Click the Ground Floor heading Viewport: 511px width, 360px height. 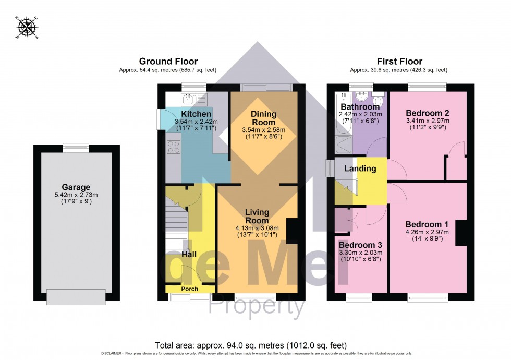tap(168, 62)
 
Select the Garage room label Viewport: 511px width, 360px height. tap(76, 187)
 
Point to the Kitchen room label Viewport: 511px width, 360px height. tap(196, 114)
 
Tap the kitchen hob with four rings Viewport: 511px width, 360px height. tap(174, 147)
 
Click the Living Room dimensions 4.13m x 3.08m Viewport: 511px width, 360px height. tap(257, 228)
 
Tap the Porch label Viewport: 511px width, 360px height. tap(189, 289)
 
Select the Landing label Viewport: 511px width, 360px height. tap(360, 169)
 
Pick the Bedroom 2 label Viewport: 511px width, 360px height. tap(428, 113)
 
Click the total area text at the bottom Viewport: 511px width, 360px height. tap(250, 345)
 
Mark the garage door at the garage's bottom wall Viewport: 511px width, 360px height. tap(76, 297)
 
